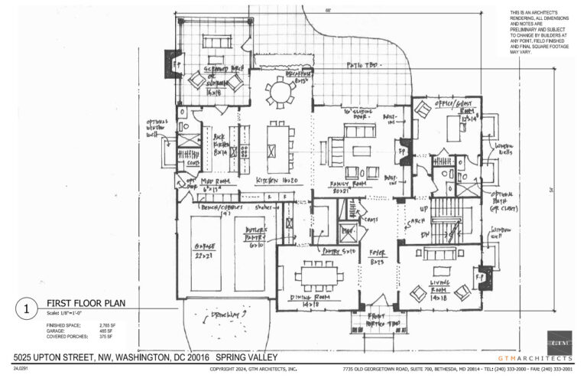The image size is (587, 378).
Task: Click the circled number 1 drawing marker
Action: (26, 310)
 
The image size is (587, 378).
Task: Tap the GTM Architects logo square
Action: (559, 342)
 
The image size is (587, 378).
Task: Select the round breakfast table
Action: (280, 93)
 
